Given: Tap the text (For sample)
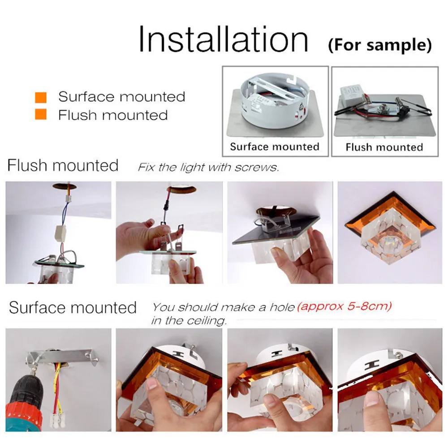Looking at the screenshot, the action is click(x=380, y=45).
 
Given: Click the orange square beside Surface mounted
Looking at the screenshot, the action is click(x=41, y=97).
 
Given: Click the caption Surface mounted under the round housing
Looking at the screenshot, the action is click(x=275, y=146).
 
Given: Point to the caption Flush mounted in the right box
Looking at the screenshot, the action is click(x=384, y=147).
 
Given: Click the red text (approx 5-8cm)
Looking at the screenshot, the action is click(x=344, y=306).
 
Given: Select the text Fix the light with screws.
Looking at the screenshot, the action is click(x=208, y=167).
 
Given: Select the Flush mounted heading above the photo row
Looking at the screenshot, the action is click(x=63, y=165).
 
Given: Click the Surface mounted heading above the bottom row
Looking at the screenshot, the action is click(x=73, y=307).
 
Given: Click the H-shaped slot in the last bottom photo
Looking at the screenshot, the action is click(x=372, y=365).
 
